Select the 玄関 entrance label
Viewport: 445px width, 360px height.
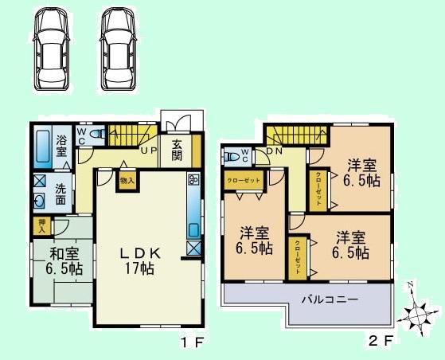(175, 148)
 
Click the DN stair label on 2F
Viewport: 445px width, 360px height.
(275, 150)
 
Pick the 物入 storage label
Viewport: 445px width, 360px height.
(127, 180)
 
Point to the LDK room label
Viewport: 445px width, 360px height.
(140, 253)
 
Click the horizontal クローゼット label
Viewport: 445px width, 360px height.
(242, 181)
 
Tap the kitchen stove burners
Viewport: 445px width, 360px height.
(193, 181)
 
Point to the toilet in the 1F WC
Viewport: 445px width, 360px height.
(97, 135)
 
